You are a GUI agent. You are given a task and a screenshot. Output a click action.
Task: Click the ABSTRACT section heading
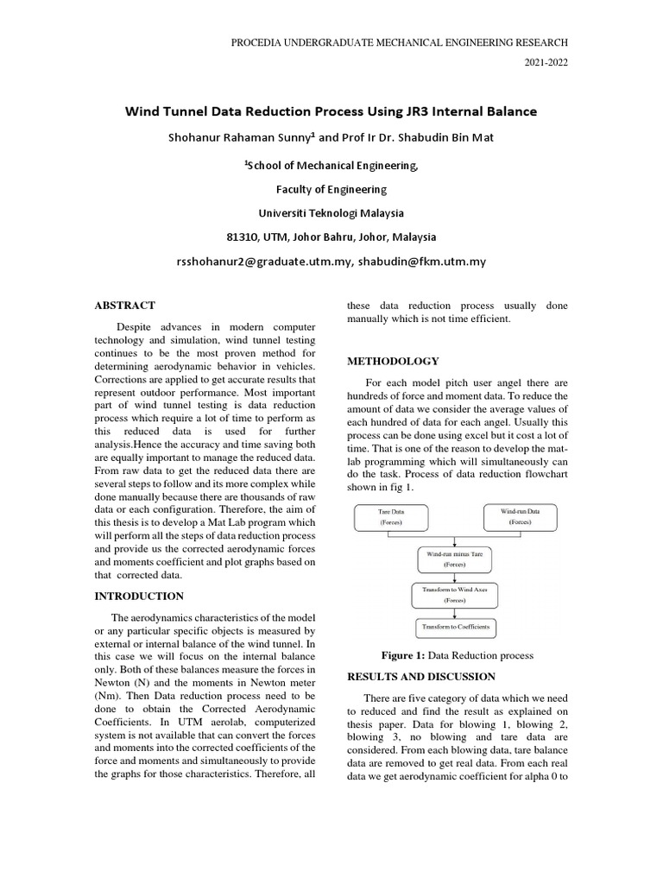[x=124, y=306]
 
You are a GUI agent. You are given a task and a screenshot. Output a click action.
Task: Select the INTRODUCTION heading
[x=139, y=596]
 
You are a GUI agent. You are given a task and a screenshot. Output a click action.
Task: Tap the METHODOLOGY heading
[x=393, y=361]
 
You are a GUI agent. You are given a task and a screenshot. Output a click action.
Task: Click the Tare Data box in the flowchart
[x=392, y=517]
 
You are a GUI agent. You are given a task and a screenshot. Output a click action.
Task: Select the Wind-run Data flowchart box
[x=520, y=517]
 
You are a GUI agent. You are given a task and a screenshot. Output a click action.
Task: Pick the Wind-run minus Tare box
[x=454, y=558]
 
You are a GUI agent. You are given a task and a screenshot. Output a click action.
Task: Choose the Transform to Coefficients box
[x=455, y=627]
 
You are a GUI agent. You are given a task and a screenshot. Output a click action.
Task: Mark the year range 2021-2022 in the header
[x=546, y=63]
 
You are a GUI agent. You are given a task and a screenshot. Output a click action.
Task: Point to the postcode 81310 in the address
[x=243, y=237]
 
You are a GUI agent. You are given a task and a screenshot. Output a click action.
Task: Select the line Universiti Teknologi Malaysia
[x=331, y=212]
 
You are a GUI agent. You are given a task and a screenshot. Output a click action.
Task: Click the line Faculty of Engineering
[x=331, y=189]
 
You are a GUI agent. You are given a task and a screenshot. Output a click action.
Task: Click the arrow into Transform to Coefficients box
[x=454, y=612]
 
